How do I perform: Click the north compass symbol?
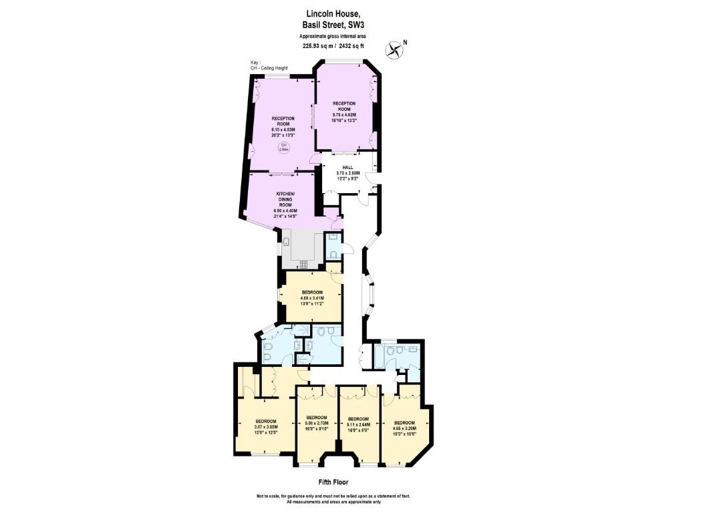(395, 49)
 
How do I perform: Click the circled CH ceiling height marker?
(283, 148)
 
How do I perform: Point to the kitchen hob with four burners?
(303, 263)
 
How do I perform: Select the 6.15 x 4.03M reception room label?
(283, 126)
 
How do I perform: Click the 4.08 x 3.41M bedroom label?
(312, 297)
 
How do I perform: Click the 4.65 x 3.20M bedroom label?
(404, 427)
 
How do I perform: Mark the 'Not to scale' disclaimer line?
(333, 497)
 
